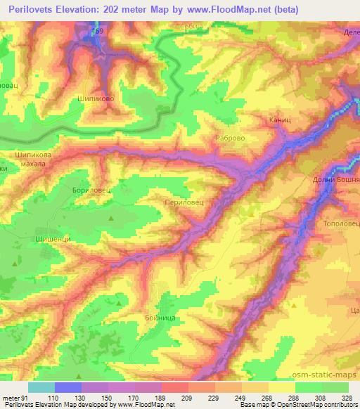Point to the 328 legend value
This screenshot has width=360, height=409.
(x=344, y=398)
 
